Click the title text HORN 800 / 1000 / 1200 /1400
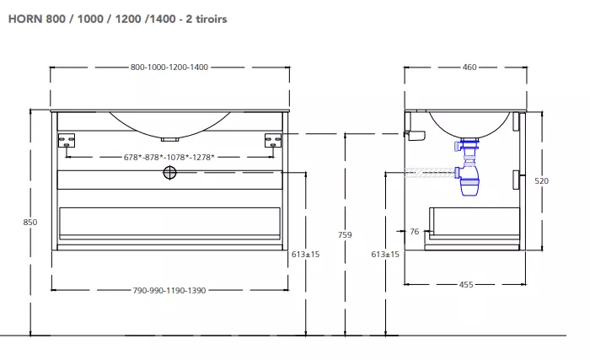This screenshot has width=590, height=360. (92, 19)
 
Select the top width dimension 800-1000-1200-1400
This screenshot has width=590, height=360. (169, 67)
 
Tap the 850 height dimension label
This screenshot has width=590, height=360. (30, 223)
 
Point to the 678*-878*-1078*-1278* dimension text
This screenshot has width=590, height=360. (169, 157)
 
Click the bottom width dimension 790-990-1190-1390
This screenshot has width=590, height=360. (169, 290)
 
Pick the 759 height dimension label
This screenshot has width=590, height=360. (345, 234)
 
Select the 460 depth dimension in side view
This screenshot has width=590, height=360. (469, 67)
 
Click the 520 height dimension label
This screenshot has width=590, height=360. (541, 180)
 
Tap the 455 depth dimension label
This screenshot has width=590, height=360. (466, 285)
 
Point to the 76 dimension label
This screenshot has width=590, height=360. (415, 232)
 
